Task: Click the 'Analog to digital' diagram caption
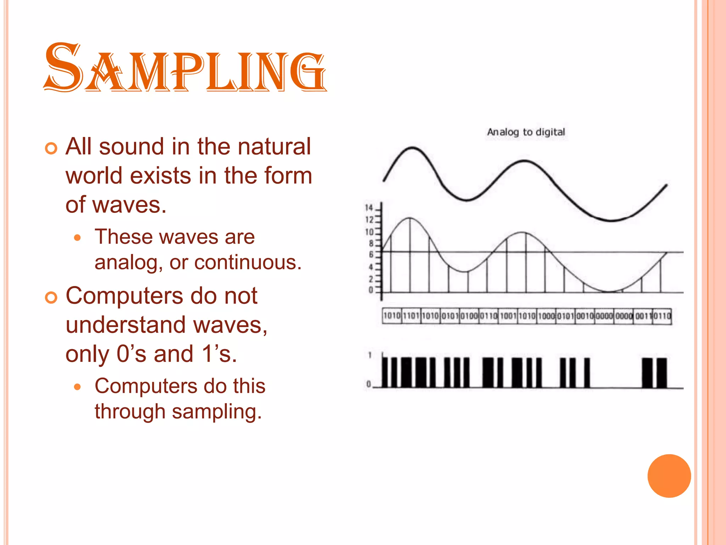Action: [x=526, y=132]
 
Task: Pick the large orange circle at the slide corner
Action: [x=669, y=476]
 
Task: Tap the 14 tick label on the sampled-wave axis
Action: [x=369, y=208]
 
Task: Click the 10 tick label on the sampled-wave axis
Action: [x=369, y=232]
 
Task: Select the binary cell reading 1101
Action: [x=411, y=316]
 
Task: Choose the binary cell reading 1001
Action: [x=508, y=316]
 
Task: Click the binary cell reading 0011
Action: [x=642, y=316]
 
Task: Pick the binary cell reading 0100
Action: [x=469, y=316]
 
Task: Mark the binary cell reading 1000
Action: [x=546, y=316]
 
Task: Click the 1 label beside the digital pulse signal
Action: [x=370, y=355]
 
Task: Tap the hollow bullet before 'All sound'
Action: [x=51, y=149]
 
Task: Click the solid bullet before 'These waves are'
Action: [x=78, y=238]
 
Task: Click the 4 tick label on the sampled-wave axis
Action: [x=371, y=267]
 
